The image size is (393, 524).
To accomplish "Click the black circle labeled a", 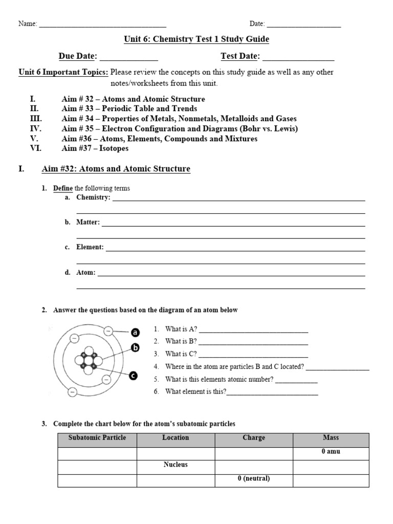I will click(136, 333).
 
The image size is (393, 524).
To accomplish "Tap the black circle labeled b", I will click(136, 348).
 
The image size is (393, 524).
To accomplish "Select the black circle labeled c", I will click(133, 376).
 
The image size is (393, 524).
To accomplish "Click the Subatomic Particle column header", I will click(97, 438).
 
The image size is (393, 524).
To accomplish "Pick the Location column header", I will click(176, 438).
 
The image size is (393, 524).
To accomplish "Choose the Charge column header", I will click(254, 438).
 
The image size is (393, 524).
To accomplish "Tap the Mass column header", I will click(331, 438).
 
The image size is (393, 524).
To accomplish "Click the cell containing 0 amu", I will click(331, 452).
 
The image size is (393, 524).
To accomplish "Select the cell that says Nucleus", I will click(176, 465).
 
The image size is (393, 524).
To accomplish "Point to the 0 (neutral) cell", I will click(254, 479).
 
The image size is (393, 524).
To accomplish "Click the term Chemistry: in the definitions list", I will click(93, 198).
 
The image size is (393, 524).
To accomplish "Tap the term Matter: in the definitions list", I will click(88, 223).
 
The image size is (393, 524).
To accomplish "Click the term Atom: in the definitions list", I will click(86, 273).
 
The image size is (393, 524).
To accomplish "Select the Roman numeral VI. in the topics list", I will click(36, 148).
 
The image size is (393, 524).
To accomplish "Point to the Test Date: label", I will click(240, 56).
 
